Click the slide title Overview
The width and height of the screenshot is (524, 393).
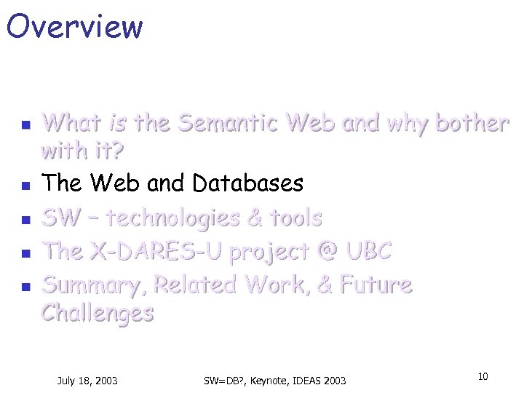click(x=74, y=26)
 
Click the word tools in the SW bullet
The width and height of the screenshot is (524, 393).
click(x=295, y=218)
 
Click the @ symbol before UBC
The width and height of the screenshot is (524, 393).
click(x=327, y=252)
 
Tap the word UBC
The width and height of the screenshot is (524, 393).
click(x=370, y=252)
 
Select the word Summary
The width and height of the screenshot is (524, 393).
click(x=92, y=285)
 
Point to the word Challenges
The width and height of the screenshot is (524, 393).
click(x=98, y=313)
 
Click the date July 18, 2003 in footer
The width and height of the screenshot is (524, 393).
click(x=88, y=381)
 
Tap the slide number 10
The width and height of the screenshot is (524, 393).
click(x=483, y=376)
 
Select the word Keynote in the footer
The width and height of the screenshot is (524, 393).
click(x=270, y=381)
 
